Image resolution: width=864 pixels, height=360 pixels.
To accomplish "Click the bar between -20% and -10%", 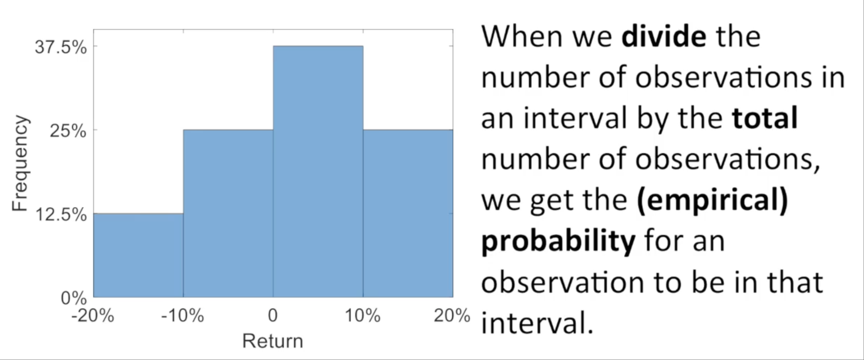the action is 138,255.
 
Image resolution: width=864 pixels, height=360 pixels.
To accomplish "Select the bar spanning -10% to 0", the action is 228,213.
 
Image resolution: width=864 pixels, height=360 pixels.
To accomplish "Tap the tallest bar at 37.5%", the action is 318,172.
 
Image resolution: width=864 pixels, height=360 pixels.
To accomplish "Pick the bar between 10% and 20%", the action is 408,213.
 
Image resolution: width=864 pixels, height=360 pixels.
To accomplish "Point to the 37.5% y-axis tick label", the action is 61,48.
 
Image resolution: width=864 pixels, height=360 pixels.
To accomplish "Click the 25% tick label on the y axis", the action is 68,132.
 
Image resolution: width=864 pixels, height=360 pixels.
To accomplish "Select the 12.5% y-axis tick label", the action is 61,215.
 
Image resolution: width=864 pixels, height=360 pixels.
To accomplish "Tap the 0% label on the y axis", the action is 74,299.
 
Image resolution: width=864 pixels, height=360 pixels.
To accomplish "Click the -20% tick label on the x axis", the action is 93,316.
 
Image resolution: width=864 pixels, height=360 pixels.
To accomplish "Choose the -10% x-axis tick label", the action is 183,316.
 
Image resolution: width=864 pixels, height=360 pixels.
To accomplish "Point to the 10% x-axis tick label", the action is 363,316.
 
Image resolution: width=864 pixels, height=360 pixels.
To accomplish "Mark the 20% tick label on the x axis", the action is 452,316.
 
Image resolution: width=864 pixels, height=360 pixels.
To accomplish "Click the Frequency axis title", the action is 20,163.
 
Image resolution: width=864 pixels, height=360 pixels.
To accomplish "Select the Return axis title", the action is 273,341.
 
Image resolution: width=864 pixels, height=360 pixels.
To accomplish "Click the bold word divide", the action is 664,36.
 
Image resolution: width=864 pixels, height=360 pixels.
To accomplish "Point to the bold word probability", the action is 558,241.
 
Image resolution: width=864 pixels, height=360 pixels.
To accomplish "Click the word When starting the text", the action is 523,36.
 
